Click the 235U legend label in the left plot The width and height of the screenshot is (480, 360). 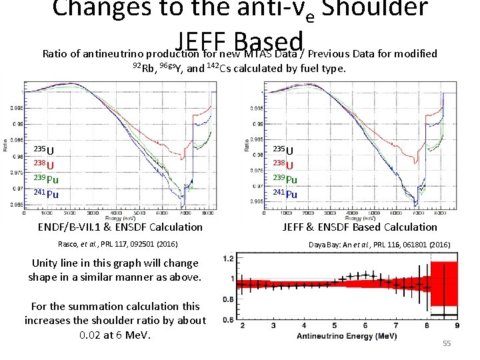pos(45,150)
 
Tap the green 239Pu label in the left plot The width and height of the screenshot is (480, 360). pos(47,179)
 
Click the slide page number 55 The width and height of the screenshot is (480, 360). pos(447,343)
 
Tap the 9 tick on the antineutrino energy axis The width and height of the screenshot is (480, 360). pos(457,325)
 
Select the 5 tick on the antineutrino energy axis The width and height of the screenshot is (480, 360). pos(335,325)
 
